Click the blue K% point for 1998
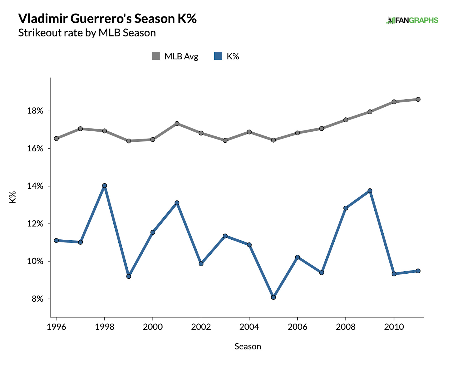pyautogui.click(x=104, y=186)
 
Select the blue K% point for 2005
pyautogui.click(x=273, y=297)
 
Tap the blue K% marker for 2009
pyautogui.click(x=370, y=191)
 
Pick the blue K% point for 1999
pyautogui.click(x=129, y=276)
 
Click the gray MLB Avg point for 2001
pyautogui.click(x=177, y=123)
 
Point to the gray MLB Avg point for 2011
pyautogui.click(x=418, y=99)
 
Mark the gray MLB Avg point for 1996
pyautogui.click(x=56, y=138)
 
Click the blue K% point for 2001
pyautogui.click(x=177, y=203)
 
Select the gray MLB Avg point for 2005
pyautogui.click(x=273, y=140)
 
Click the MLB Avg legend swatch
pyautogui.click(x=156, y=56)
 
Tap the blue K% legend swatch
pyautogui.click(x=218, y=56)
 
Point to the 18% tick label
pyautogui.click(x=35, y=111)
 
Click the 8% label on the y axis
pyautogui.click(x=37, y=299)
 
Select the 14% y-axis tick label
pyautogui.click(x=35, y=186)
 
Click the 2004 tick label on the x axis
pyautogui.click(x=249, y=327)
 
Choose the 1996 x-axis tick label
pyautogui.click(x=56, y=327)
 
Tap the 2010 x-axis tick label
pyautogui.click(x=394, y=327)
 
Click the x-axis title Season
pyautogui.click(x=248, y=346)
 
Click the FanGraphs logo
pyautogui.click(x=412, y=20)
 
